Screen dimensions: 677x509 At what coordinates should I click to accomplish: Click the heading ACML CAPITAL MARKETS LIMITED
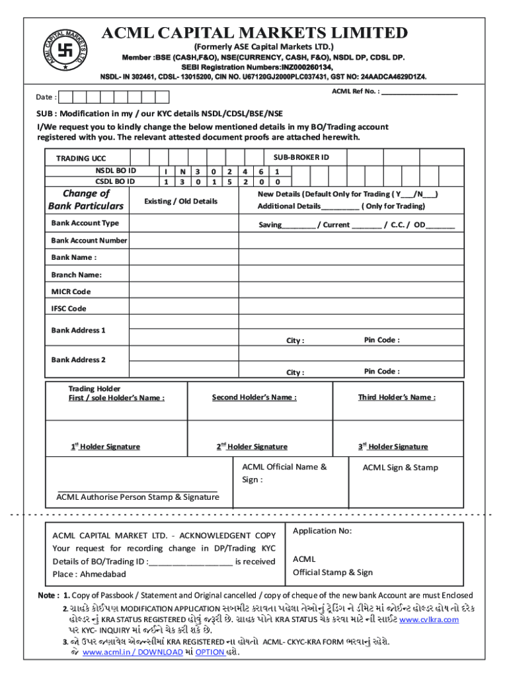coord(253,32)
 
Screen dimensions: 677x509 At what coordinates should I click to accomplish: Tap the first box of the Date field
coord(67,97)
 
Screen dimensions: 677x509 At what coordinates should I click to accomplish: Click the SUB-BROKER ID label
coord(301,157)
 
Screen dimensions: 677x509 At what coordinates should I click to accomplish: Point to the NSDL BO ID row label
coord(115,171)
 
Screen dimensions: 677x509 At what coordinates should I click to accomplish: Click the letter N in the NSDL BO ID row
coord(181,171)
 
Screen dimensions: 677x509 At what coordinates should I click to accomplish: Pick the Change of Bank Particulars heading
coord(85,200)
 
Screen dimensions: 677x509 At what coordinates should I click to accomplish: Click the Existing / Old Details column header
coord(180,201)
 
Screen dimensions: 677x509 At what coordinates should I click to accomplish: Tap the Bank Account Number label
coord(89,241)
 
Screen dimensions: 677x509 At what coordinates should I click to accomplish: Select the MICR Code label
coord(71,292)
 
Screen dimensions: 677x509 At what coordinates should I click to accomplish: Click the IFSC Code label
coord(69,309)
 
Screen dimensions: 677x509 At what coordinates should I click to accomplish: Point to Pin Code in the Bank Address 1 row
coord(381,340)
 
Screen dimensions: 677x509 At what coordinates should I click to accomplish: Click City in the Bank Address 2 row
coord(295,373)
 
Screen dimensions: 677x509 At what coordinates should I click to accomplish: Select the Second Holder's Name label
coord(254,397)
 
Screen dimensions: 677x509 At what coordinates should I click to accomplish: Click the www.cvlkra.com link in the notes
coord(429,619)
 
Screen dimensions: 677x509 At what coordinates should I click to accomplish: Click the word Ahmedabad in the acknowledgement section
coord(101,574)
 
